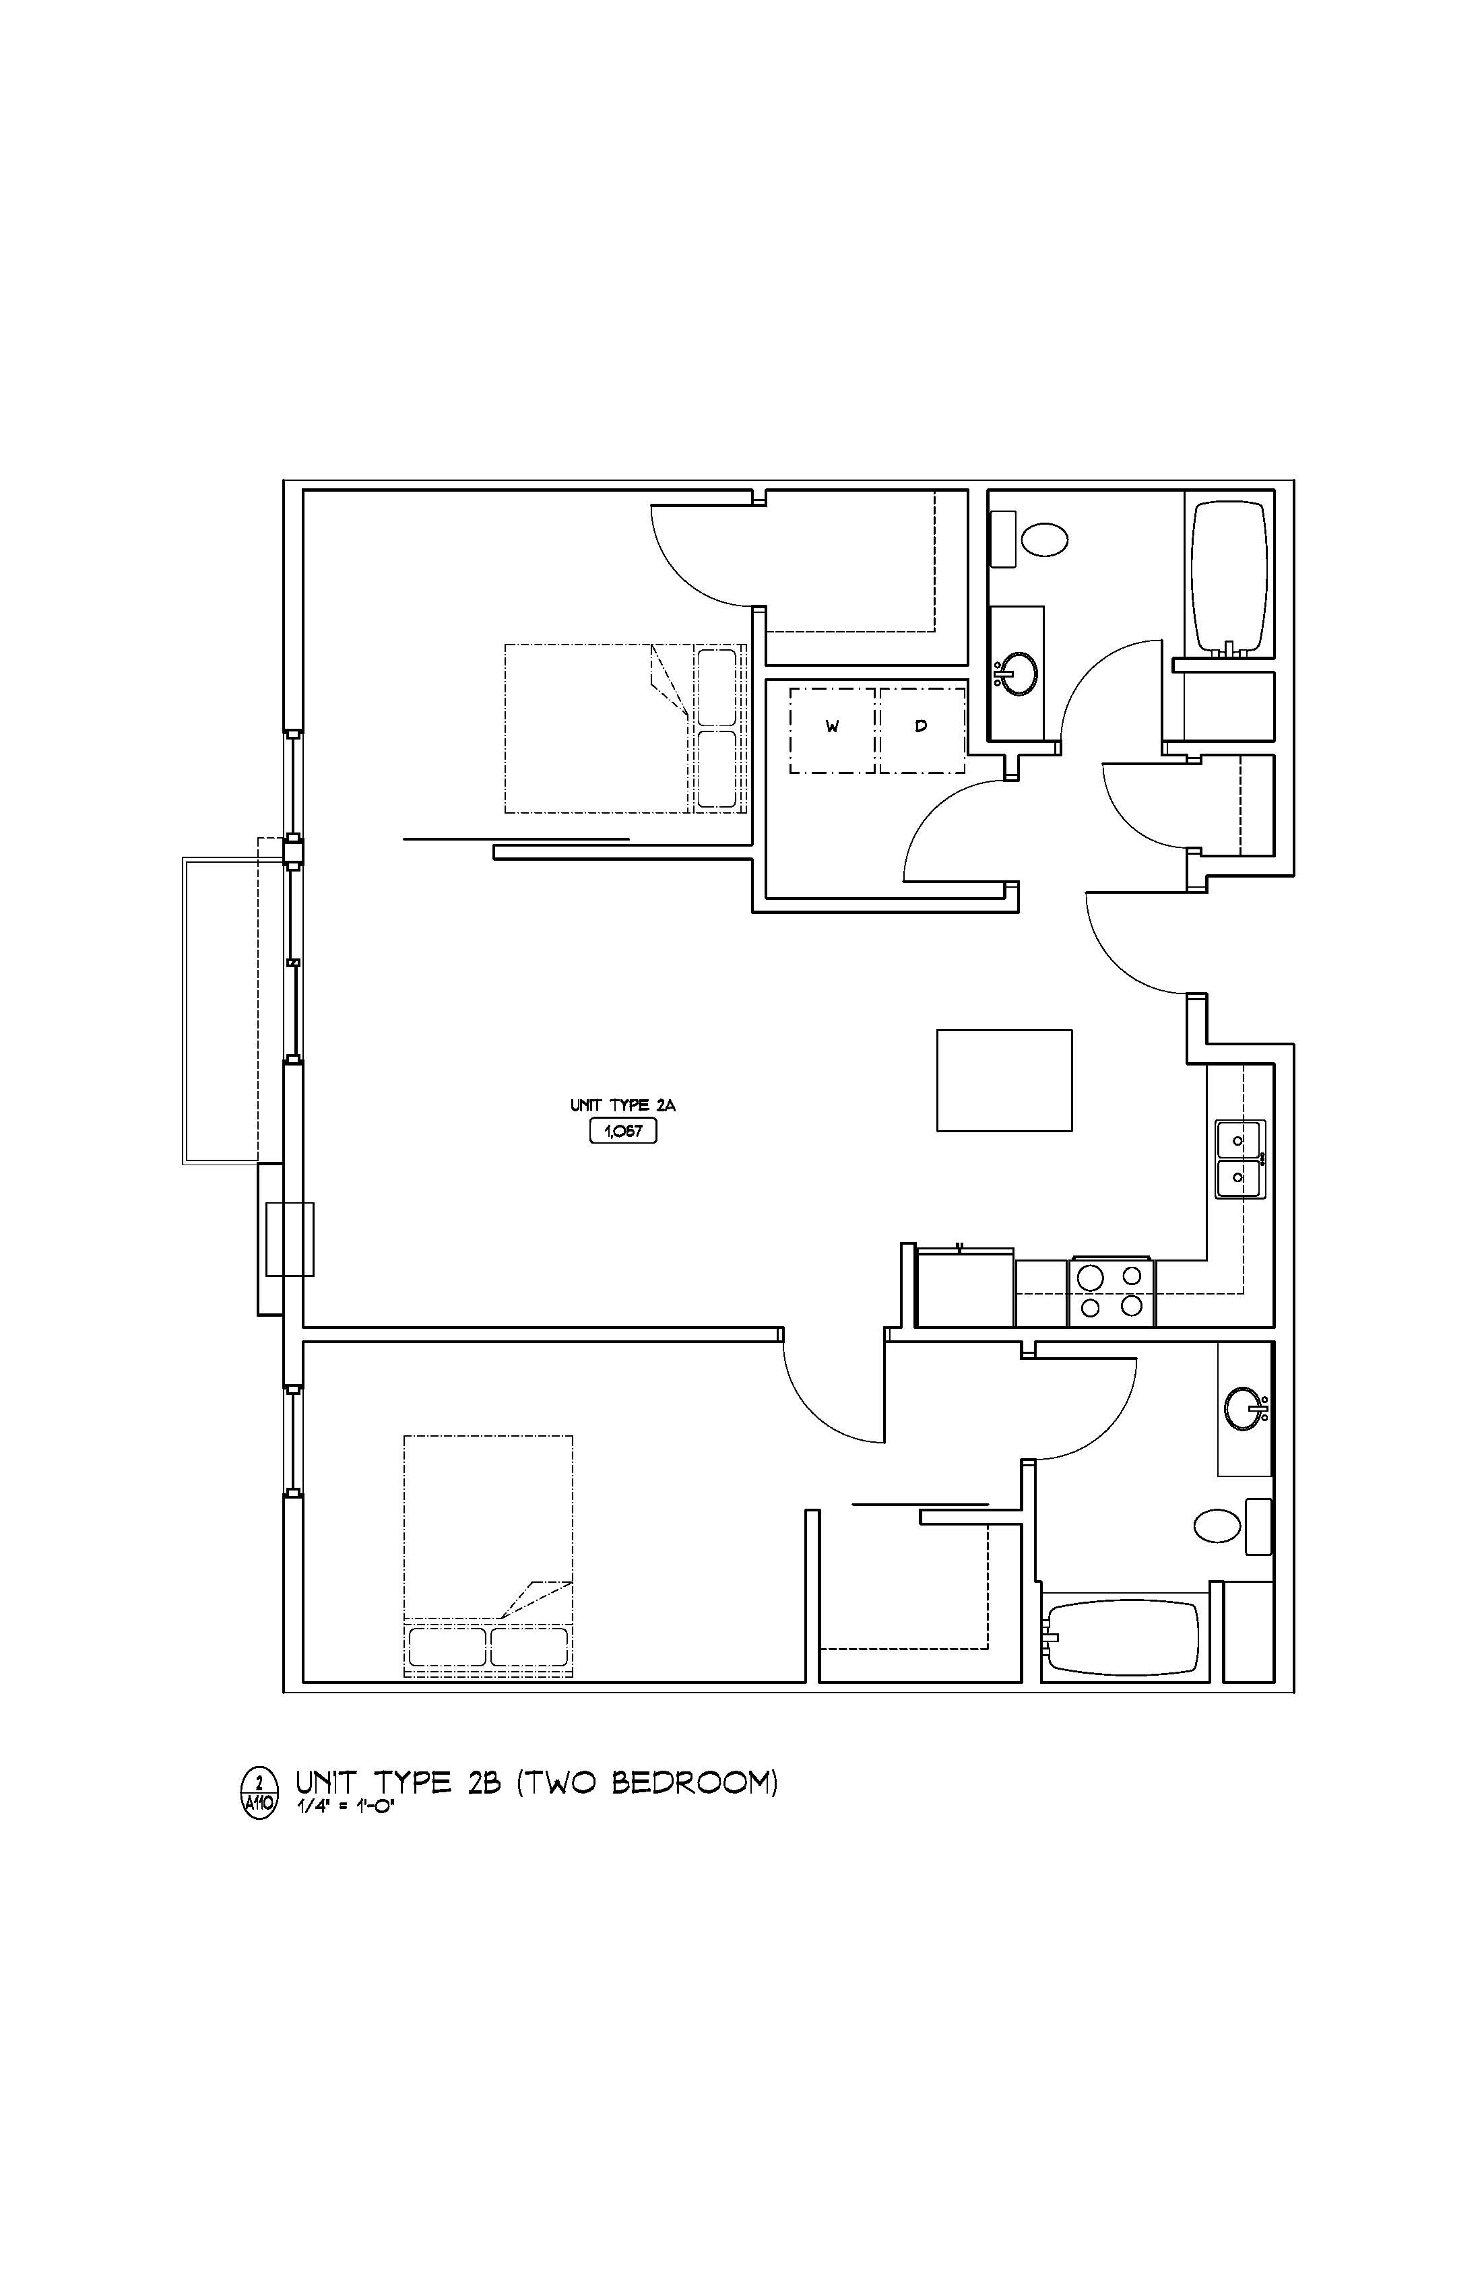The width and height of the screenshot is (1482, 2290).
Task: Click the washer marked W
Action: pyautogui.click(x=833, y=729)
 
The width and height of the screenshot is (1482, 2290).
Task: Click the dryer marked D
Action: pyautogui.click(x=921, y=729)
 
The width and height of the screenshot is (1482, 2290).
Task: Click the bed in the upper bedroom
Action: pyautogui.click(x=626, y=728)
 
